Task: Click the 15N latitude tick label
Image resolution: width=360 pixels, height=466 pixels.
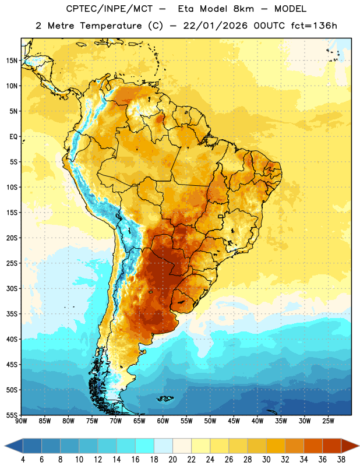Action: click(12, 61)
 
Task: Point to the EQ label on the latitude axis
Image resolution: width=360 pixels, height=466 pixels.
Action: click(13, 137)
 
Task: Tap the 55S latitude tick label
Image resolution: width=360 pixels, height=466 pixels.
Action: click(12, 415)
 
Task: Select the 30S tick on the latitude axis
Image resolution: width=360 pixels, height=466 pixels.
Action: click(12, 288)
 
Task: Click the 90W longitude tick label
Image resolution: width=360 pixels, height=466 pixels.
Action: click(21, 421)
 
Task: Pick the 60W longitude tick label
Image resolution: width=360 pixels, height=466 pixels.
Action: click(163, 421)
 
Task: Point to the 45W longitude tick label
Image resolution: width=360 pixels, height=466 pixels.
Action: click(234, 421)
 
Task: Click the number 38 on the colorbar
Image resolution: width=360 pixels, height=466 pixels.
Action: click(341, 460)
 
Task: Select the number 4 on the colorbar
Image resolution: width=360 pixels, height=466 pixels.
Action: click(23, 460)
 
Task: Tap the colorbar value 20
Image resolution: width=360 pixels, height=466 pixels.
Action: click(172, 460)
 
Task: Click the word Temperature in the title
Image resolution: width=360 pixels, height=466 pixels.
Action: click(111, 26)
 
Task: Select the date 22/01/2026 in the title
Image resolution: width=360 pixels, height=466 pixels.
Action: click(215, 26)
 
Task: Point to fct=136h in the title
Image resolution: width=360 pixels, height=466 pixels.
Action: click(314, 26)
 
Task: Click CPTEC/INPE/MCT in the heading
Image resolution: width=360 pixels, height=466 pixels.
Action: click(110, 9)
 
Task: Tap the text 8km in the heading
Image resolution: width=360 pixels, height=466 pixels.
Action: click(243, 9)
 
